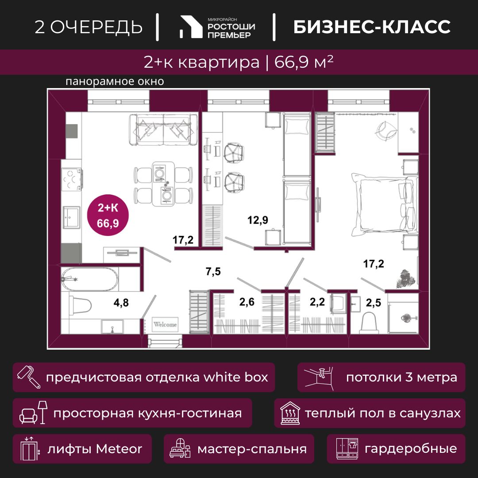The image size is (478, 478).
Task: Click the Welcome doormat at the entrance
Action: click(x=165, y=324)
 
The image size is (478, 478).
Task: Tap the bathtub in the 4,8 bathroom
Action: click(x=89, y=279)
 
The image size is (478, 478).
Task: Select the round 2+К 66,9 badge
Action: click(x=108, y=215)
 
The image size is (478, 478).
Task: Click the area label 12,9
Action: click(x=258, y=220)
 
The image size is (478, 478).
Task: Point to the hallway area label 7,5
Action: click(x=213, y=271)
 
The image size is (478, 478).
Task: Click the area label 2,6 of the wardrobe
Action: click(x=247, y=302)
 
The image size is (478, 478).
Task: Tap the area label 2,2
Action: click(x=317, y=302)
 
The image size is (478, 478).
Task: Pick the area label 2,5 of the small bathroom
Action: click(x=374, y=303)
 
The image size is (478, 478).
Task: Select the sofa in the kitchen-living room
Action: click(x=163, y=130)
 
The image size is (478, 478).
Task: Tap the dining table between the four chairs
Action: click(x=163, y=184)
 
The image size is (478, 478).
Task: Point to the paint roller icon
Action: click(x=29, y=377)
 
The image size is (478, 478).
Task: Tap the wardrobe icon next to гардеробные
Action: click(x=347, y=448)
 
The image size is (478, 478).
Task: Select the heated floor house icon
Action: click(x=290, y=413)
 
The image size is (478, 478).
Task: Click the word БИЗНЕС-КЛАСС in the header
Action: click(x=372, y=27)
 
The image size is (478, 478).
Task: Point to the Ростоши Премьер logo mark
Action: click(x=191, y=27)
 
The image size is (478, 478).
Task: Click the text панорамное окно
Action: click(x=115, y=82)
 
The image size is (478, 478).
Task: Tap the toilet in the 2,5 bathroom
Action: click(x=369, y=324)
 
